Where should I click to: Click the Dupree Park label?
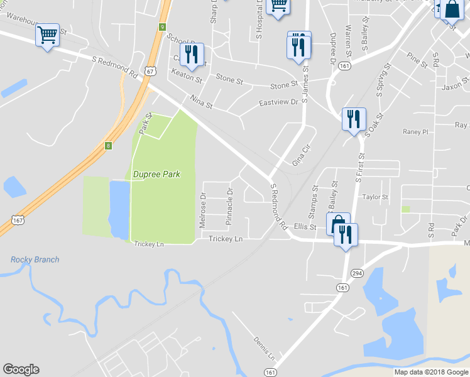coord(156,173)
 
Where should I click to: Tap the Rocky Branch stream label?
coord(35,260)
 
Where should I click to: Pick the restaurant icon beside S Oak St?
coord(353,119)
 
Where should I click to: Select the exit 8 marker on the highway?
coord(108,146)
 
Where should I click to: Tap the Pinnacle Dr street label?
coord(229,207)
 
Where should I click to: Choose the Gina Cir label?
coord(302,154)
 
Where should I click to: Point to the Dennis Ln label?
coord(265,348)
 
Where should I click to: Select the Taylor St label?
coord(376,197)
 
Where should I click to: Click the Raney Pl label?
coord(415,132)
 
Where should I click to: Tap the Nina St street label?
coord(201,102)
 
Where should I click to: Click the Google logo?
coord(21,369)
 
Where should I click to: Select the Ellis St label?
coord(303,226)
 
